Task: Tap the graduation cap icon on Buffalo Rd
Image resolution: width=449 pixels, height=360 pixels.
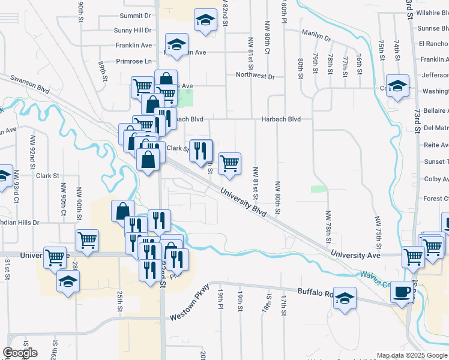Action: pos(345,298)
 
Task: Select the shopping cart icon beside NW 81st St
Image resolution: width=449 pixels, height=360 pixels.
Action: pos(229,163)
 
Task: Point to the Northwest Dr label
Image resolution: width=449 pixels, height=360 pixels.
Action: pos(255,76)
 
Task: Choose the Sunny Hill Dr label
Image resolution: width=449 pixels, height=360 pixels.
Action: pos(133,30)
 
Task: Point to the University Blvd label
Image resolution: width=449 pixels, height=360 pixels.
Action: pos(243,199)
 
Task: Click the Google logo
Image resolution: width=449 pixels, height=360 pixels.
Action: pos(20,353)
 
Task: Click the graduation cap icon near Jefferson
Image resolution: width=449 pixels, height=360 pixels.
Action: pos(397,86)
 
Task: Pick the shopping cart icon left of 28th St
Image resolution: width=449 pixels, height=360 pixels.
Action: pos(55,258)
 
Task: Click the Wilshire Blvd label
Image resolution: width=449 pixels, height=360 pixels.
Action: pos(435,13)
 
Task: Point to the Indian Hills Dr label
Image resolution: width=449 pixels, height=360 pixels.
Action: pos(19,222)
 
